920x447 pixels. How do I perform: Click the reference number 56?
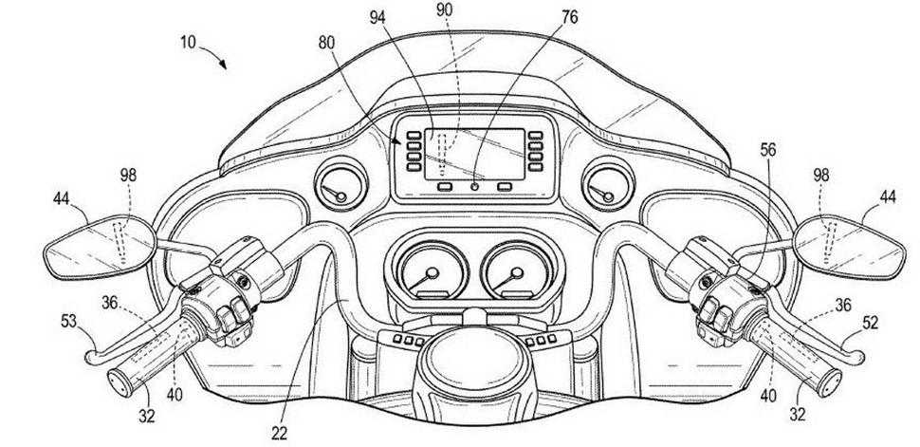[x=766, y=148]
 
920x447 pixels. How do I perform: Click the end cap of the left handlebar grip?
[x=123, y=385]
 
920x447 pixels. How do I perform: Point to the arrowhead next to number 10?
[x=223, y=66]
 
